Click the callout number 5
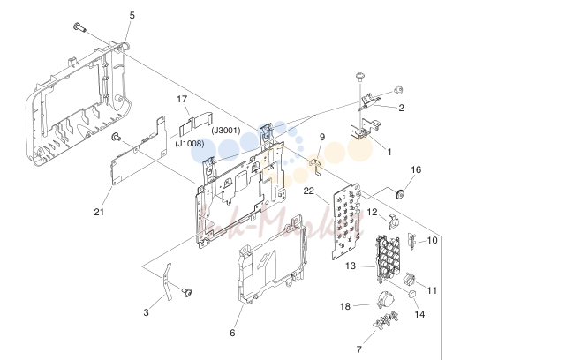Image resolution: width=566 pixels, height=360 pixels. click(132, 15)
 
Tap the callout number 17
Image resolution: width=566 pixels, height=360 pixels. click(182, 99)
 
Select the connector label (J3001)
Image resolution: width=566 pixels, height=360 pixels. click(226, 131)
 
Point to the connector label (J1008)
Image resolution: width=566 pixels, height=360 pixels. click(190, 144)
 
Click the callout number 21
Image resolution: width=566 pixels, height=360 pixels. click(99, 212)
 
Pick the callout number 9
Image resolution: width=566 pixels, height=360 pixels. click(322, 137)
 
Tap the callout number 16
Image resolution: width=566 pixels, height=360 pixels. click(416, 169)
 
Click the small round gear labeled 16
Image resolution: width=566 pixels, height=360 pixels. click(400, 194)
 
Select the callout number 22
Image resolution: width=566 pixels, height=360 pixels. click(309, 191)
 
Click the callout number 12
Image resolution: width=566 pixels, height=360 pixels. click(372, 212)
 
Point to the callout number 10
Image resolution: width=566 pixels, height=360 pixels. click(432, 240)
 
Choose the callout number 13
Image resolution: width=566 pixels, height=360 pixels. click(351, 266)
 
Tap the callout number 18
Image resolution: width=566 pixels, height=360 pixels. click(345, 306)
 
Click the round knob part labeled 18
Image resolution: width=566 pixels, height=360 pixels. click(384, 300)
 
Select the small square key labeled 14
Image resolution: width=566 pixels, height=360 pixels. click(412, 294)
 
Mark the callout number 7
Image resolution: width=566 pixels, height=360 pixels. click(358, 349)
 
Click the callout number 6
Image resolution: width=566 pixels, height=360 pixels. click(232, 333)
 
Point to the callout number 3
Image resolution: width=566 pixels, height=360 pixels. click(146, 312)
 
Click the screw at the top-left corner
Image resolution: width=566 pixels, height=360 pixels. click(79, 27)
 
